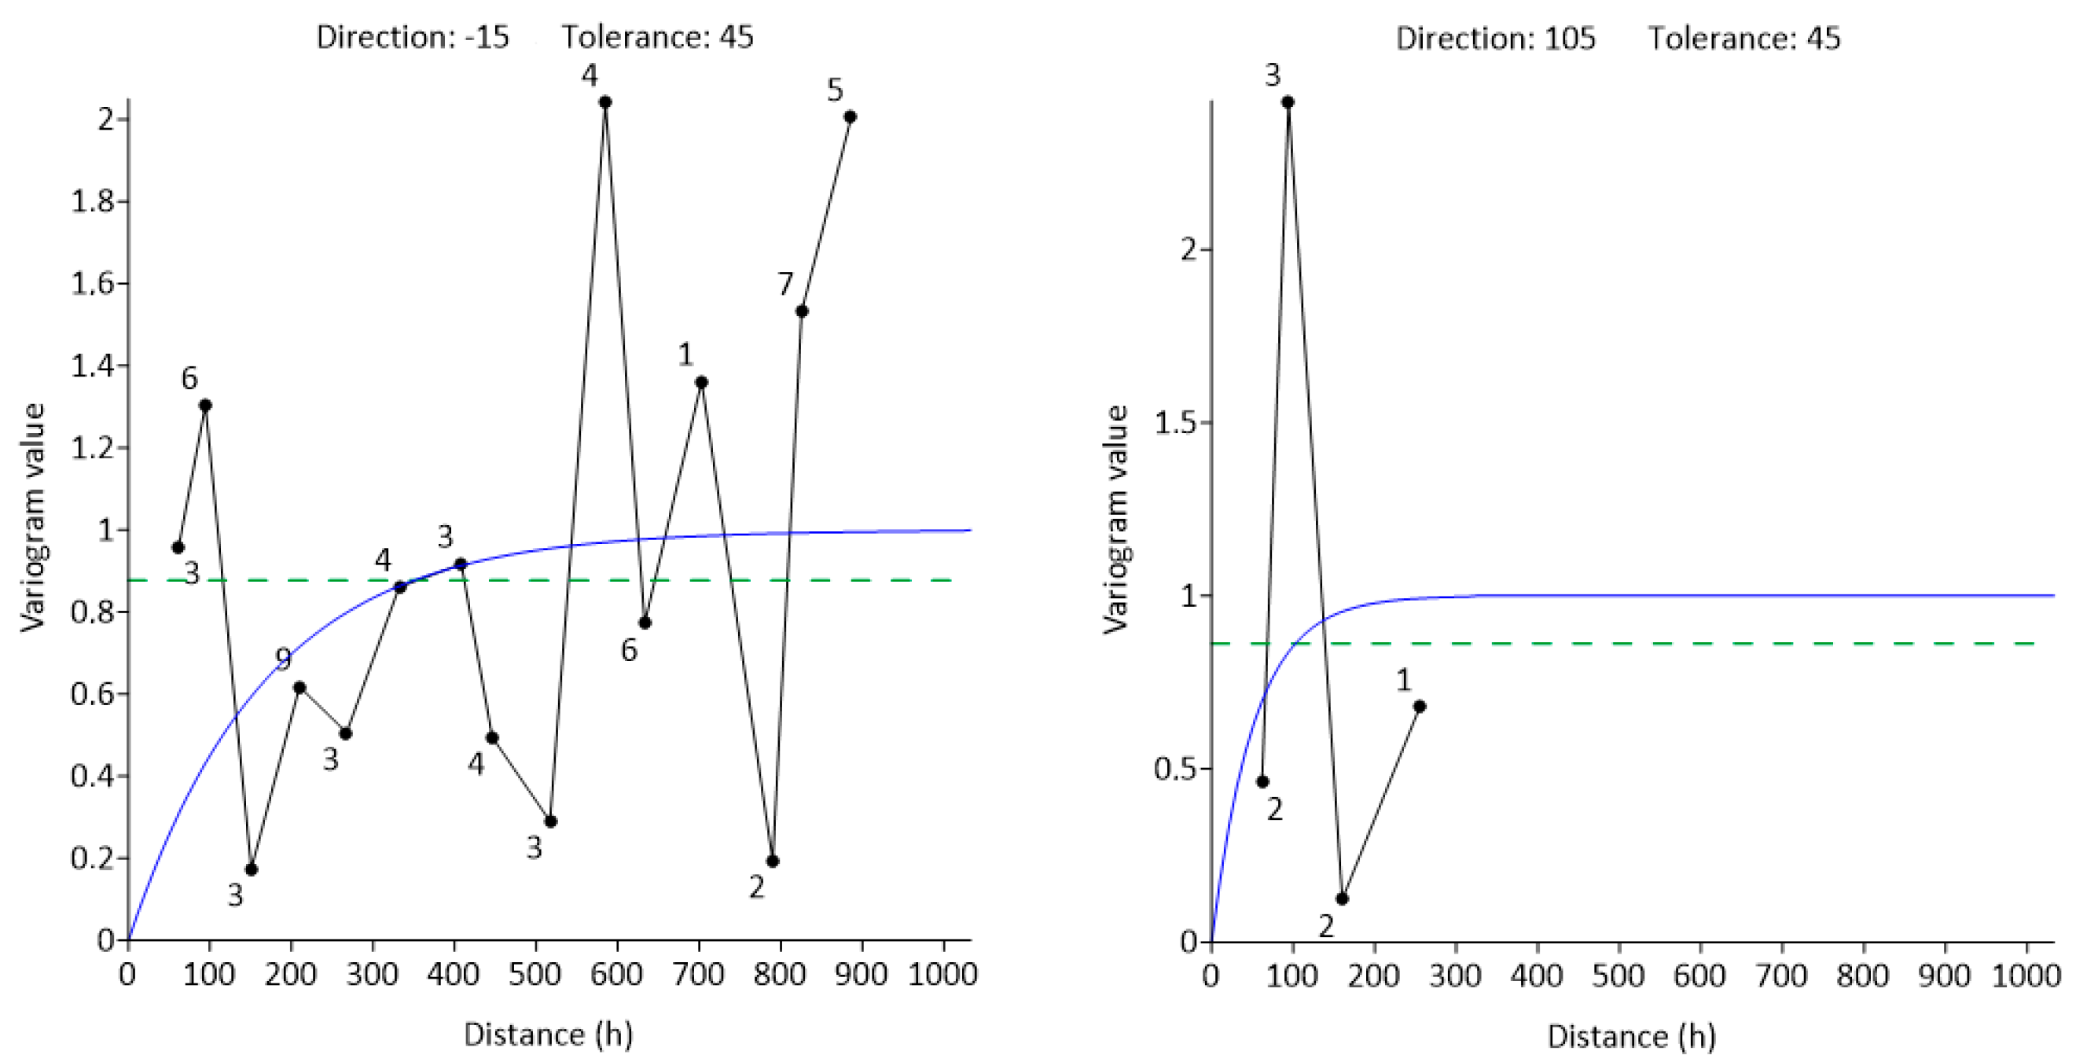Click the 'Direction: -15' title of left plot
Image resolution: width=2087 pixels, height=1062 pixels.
[x=413, y=37]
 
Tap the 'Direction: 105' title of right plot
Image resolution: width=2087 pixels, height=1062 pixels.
[x=1495, y=38]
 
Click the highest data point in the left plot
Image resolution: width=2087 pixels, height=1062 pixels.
[x=604, y=102]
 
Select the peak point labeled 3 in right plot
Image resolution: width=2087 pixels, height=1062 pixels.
[x=1288, y=102]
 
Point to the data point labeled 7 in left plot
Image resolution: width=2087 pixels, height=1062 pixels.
[x=801, y=311]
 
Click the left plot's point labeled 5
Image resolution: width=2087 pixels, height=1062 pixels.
[x=849, y=116]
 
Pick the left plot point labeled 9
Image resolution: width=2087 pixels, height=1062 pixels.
[x=299, y=687]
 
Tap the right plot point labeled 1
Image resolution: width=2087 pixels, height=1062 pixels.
[x=1419, y=707]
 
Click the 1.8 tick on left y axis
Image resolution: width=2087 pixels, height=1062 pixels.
[x=94, y=202]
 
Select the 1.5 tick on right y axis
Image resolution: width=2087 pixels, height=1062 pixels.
[x=1177, y=423]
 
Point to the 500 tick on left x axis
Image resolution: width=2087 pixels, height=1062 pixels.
[x=535, y=974]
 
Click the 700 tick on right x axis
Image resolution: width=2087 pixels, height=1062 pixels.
[x=1780, y=976]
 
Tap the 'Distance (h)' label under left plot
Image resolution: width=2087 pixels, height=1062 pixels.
[x=548, y=1034]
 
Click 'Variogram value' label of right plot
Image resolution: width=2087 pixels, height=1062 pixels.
[x=1116, y=519]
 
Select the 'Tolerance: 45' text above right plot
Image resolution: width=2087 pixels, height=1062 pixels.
[x=1743, y=38]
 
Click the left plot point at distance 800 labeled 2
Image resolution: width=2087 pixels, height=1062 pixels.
[x=771, y=861]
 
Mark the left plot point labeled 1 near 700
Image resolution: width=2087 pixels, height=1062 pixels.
[x=701, y=382]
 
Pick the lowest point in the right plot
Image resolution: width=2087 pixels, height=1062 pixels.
[x=1342, y=898]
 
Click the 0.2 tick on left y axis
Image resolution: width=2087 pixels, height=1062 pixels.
[x=94, y=858]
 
